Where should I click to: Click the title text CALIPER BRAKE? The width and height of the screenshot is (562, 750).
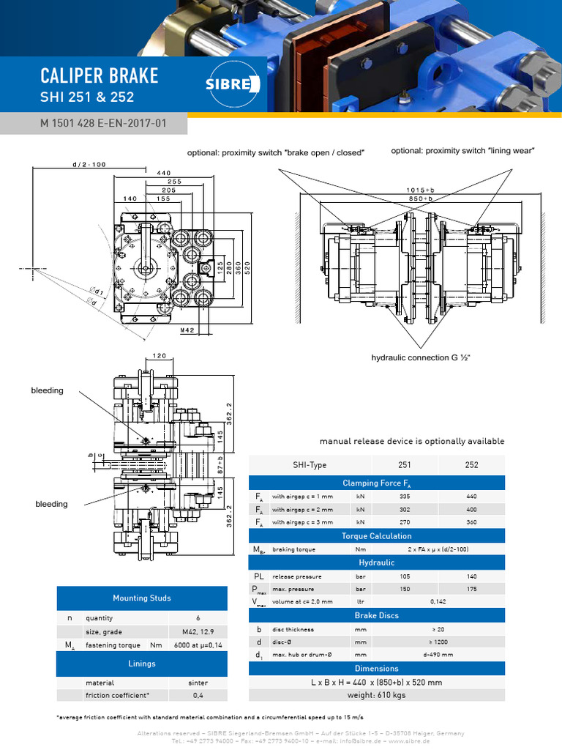coord(99,76)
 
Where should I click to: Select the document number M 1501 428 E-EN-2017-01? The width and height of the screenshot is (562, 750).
coord(103,123)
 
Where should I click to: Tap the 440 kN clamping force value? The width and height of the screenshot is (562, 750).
coord(472,497)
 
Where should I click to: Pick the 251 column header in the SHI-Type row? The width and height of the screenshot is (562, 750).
coord(404,465)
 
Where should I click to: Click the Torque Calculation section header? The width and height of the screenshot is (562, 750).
coord(378,536)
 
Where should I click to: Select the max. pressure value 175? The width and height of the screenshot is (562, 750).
coord(472,589)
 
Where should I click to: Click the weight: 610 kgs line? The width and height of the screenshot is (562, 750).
coord(378,694)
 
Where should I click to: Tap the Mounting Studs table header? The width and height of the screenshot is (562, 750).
coord(141,598)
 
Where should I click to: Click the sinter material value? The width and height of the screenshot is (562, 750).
coord(198,682)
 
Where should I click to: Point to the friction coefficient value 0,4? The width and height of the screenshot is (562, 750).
coord(198,695)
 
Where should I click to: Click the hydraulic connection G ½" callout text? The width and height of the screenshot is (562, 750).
coord(421,357)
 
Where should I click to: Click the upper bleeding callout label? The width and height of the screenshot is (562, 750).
coord(47,390)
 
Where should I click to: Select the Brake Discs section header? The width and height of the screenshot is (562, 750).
coord(378,615)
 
